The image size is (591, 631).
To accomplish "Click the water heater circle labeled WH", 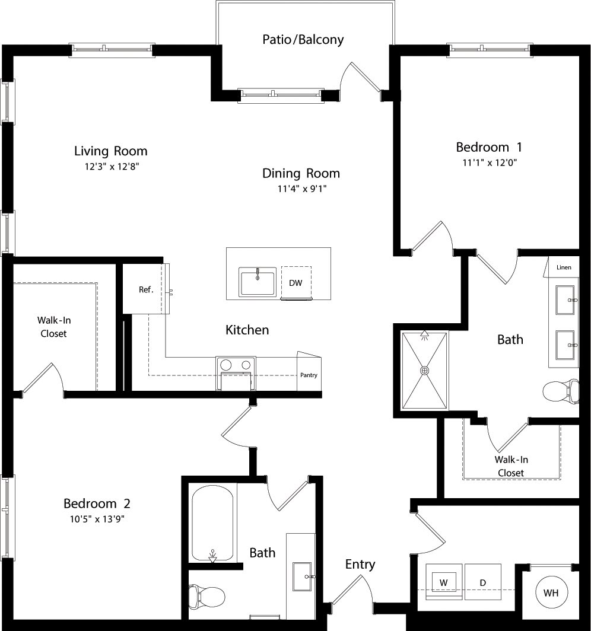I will (551, 592).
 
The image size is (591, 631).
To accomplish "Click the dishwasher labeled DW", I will (295, 283).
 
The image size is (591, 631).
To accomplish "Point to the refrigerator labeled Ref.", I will (145, 289).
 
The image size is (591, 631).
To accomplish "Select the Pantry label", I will (309, 375).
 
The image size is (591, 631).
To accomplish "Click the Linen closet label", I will (564, 267).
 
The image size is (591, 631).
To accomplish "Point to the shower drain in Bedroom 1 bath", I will (424, 371).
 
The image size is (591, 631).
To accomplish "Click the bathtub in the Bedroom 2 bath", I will (212, 523).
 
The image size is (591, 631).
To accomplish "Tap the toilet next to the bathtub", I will (206, 594).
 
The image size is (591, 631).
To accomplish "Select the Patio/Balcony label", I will (303, 40).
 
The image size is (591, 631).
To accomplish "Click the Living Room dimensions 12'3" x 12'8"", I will (111, 167).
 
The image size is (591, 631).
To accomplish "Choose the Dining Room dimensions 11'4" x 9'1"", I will (301, 189).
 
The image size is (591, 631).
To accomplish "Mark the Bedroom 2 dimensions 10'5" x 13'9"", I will (97, 519).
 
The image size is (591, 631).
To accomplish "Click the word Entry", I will (360, 564).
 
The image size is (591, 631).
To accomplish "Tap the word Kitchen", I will (247, 330).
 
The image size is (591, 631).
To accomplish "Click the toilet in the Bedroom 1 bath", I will (561, 391).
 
